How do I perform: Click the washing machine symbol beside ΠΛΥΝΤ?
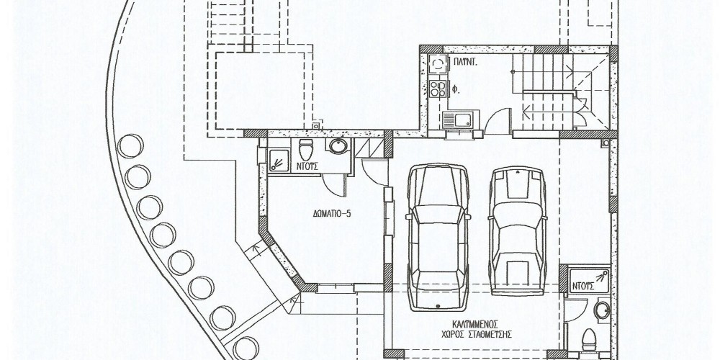[438, 64]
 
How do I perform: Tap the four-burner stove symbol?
[438, 89]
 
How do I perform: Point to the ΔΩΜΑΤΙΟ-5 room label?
[332, 214]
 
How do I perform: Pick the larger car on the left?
[438, 237]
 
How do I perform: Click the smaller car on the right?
[517, 231]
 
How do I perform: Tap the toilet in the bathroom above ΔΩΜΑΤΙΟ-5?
[305, 150]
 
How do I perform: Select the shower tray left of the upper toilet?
[278, 161]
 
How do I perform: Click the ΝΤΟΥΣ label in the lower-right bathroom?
[583, 287]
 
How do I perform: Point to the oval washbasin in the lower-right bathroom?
[601, 310]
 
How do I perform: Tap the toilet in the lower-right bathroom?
[589, 341]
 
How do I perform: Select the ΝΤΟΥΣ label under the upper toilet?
[307, 167]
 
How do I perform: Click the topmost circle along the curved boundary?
[130, 146]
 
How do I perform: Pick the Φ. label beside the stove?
[456, 91]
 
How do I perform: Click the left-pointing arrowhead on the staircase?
[527, 109]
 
